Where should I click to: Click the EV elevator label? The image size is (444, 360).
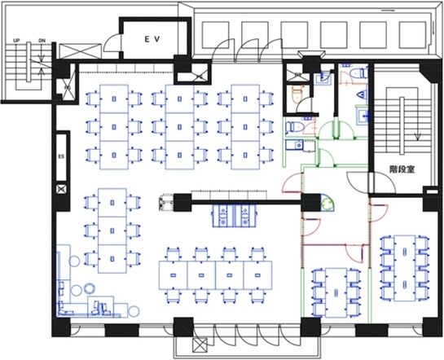152,39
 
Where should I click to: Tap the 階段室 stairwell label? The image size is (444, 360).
402,169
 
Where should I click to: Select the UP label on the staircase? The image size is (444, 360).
16,41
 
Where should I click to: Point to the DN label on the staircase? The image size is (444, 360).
42,41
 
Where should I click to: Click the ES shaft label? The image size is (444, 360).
61,156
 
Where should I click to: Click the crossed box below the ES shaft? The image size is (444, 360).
61,189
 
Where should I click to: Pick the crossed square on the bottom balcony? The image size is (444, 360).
200,345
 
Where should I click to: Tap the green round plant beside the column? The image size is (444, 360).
328,203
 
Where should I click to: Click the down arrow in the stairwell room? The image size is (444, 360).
417,136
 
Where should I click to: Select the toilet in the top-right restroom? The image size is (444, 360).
358,73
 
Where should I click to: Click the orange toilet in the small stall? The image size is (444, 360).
297,94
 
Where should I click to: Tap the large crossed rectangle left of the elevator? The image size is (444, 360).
81,51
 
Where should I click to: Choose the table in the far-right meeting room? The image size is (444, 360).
405,268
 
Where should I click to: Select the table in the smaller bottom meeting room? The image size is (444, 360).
336,292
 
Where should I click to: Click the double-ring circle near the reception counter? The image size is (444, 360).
90,288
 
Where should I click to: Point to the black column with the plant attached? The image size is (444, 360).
310,203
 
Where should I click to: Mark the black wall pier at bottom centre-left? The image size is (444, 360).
121,330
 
